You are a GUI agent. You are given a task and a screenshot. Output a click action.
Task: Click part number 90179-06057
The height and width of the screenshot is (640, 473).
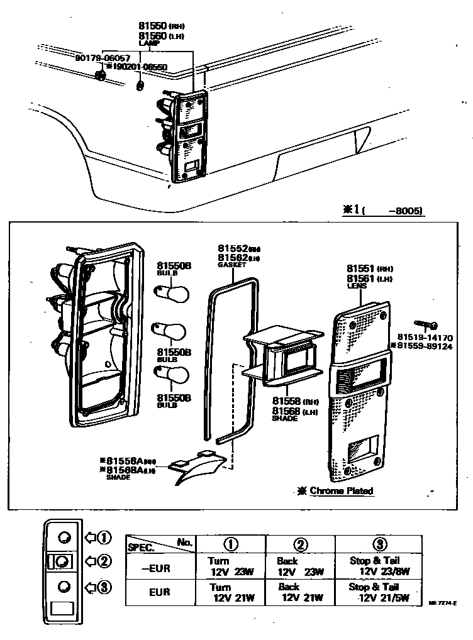point(103,57)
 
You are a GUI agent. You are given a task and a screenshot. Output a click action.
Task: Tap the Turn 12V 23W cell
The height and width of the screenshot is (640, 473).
point(231,566)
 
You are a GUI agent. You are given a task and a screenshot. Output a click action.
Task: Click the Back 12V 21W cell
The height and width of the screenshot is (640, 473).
point(299,593)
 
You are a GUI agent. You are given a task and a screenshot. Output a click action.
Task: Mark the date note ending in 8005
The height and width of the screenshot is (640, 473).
point(382,211)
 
